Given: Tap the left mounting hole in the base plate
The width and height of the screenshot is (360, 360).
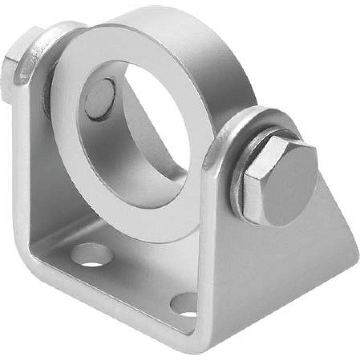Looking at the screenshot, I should tap(91, 255).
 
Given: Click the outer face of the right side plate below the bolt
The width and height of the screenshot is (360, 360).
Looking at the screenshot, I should tap(281, 270).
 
